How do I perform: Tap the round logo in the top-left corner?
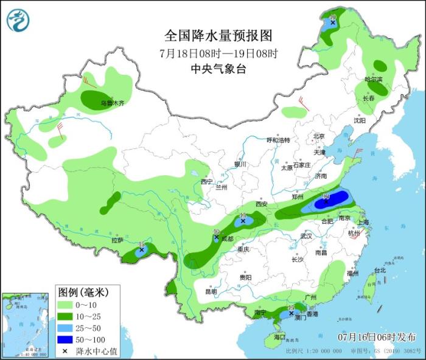(x=18, y=19)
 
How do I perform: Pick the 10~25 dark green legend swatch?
(x=66, y=316)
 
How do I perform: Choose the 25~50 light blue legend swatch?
(x=66, y=328)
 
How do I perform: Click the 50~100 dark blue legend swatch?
(x=66, y=339)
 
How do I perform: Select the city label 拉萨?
(x=117, y=240)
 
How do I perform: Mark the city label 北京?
(x=319, y=136)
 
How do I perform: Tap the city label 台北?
(x=380, y=270)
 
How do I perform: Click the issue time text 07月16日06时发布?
(x=377, y=336)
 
